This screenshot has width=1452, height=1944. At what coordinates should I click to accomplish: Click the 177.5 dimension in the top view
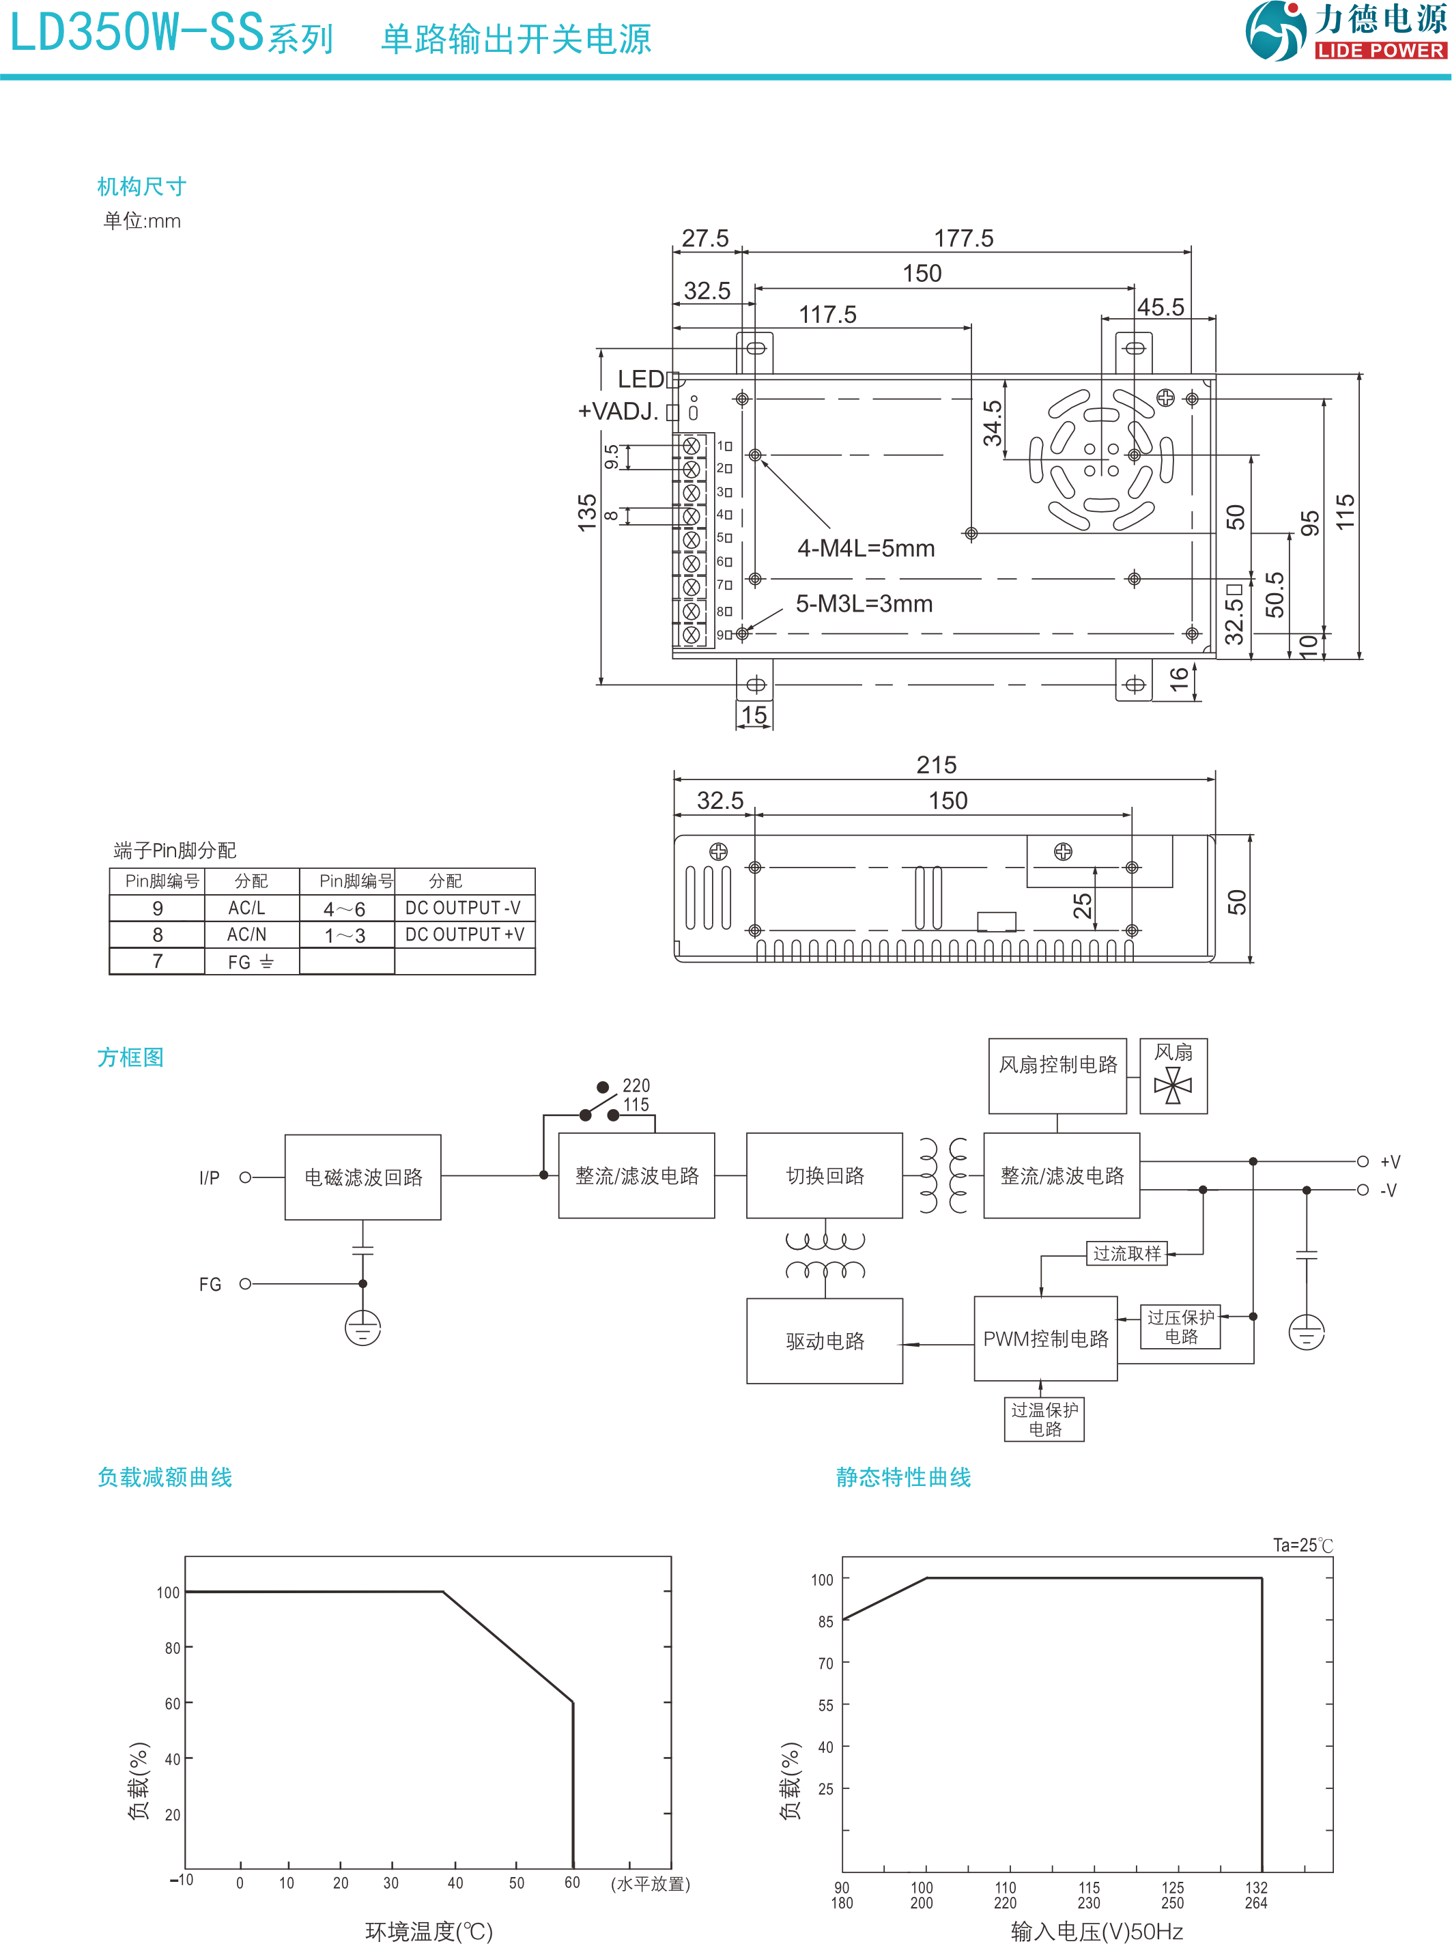coord(963,238)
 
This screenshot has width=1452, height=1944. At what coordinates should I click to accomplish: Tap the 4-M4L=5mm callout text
coord(866,548)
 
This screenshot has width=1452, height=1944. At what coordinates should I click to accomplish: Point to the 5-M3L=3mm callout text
coord(864,604)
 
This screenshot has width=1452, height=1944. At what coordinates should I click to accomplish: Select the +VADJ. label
coord(618,412)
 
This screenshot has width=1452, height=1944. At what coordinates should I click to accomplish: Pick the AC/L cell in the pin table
coord(247,908)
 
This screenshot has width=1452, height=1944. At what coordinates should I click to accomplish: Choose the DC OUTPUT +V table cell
coord(464,934)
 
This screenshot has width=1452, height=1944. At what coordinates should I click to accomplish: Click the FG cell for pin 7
coord(251,962)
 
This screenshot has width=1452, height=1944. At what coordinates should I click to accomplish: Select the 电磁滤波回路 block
coord(363,1177)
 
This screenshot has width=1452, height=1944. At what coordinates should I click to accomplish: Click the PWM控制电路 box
coord(1045,1339)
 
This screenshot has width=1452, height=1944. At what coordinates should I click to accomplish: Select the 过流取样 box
coord(1127,1253)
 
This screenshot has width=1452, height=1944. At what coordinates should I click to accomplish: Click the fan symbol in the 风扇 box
coord(1173,1086)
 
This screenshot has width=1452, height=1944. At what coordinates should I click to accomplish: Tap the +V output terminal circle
coord(1363,1161)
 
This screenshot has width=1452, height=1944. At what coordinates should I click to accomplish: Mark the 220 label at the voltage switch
coord(636,1085)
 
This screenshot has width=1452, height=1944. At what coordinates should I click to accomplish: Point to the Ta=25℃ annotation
coord(1302,1545)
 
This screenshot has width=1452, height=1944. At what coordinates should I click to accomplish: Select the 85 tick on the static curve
coord(825,1621)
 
